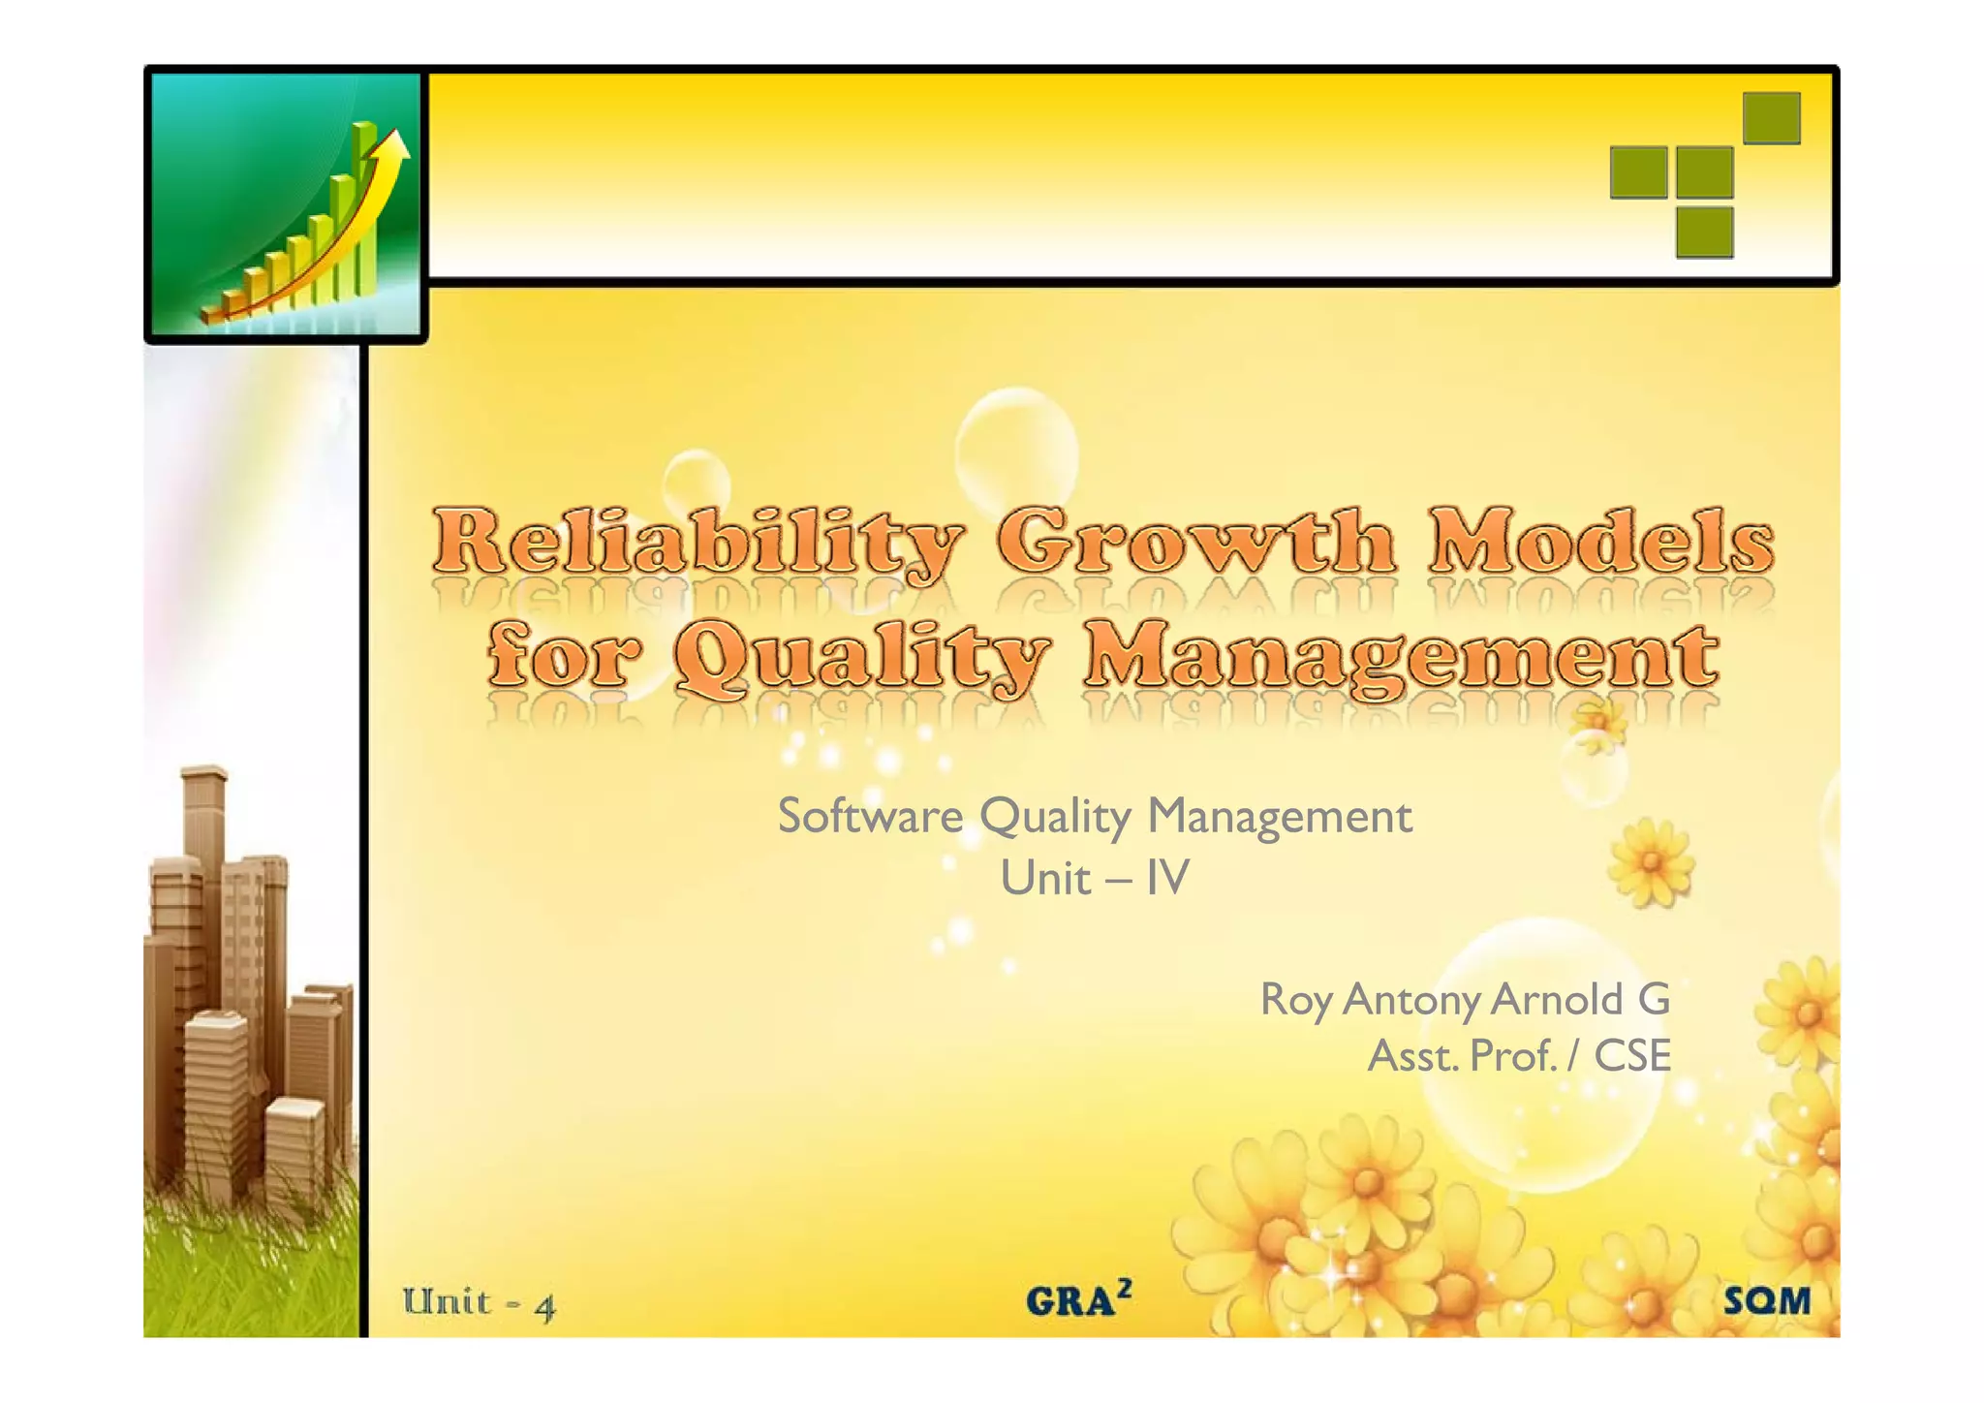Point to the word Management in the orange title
[1401, 659]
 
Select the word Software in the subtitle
[870, 816]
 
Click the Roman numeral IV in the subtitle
[1166, 878]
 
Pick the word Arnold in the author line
[1557, 999]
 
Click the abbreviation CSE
[1632, 1056]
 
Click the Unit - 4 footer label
[480, 1303]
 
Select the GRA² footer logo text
[1078, 1299]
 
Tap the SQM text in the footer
[1767, 1300]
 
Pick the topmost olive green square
[1771, 118]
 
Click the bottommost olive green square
[1704, 233]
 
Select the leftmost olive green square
[1638, 172]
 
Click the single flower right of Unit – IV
[1651, 862]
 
